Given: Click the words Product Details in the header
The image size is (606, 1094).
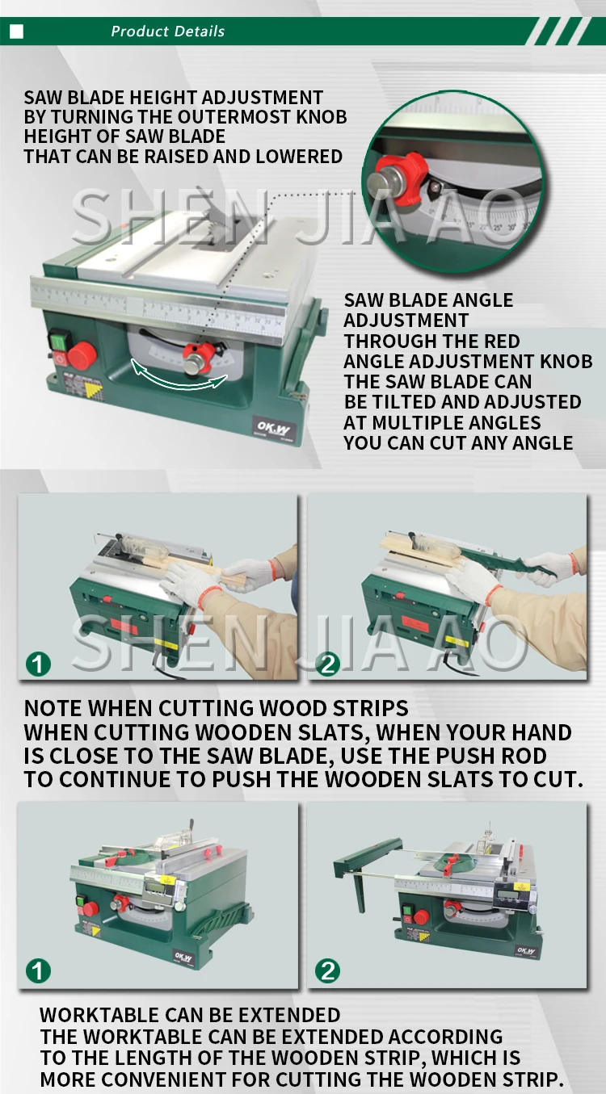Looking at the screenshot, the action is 167,31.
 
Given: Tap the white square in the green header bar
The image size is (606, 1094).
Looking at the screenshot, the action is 17,31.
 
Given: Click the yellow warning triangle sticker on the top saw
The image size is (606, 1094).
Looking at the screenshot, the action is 93,391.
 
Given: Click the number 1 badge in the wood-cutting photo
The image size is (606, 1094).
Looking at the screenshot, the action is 38,664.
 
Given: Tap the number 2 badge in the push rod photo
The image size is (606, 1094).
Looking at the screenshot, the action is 327,664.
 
